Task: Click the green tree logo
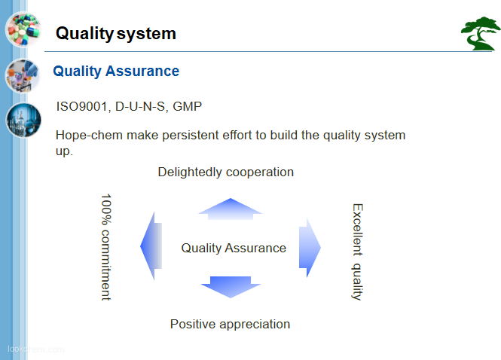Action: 480,34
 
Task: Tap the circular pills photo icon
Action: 23,29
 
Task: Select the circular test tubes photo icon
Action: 23,76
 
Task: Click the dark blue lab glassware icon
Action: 23,120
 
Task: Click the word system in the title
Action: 146,34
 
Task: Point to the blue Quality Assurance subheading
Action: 116,72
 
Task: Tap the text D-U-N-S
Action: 141,107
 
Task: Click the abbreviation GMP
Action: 188,106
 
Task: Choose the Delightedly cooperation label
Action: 225,172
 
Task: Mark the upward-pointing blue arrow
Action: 230,209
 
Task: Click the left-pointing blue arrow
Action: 151,246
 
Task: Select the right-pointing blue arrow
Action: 310,248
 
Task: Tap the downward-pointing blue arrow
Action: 231,287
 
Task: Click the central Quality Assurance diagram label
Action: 234,249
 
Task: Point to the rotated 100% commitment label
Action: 106,247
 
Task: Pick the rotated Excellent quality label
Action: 358,252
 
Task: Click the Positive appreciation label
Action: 230,324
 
